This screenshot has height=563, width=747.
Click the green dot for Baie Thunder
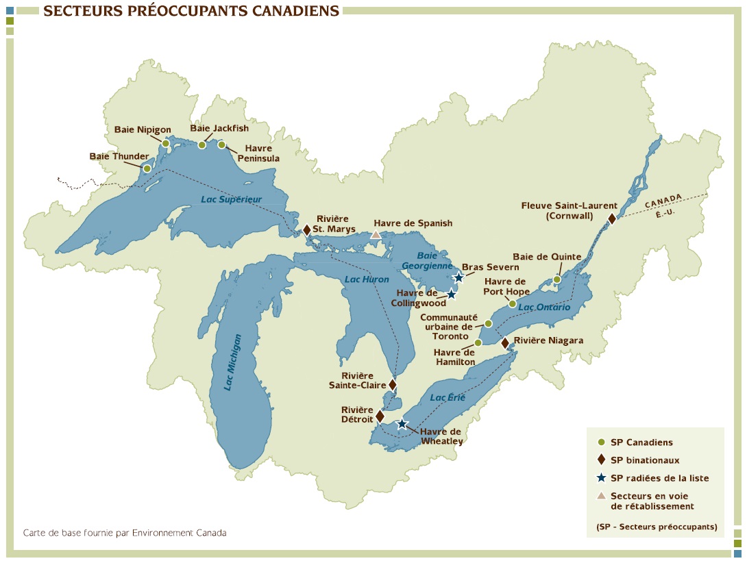(x=147, y=168)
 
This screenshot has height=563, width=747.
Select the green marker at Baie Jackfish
(x=202, y=145)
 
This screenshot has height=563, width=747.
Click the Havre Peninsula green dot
(x=221, y=145)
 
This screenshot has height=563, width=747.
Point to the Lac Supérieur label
(x=232, y=199)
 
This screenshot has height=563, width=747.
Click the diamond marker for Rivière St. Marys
(x=306, y=229)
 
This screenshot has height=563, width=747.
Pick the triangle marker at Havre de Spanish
(x=376, y=235)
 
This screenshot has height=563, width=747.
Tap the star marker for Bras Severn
(x=459, y=277)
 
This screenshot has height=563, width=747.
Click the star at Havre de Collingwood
(x=452, y=295)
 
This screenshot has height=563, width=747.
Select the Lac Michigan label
(x=233, y=362)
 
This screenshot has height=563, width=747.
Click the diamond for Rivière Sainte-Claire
(x=392, y=384)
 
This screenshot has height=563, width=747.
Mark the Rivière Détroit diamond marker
(x=380, y=416)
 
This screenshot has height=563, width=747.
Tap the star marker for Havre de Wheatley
(x=402, y=425)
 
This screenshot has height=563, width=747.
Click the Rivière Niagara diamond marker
(x=505, y=342)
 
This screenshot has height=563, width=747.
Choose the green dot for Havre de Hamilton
(x=478, y=342)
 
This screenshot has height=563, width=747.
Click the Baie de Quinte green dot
(x=557, y=279)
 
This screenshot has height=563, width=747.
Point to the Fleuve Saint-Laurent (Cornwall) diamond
(x=612, y=218)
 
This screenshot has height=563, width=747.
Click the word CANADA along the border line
(x=663, y=200)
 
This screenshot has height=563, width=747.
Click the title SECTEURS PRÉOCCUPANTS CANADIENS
(x=191, y=11)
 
